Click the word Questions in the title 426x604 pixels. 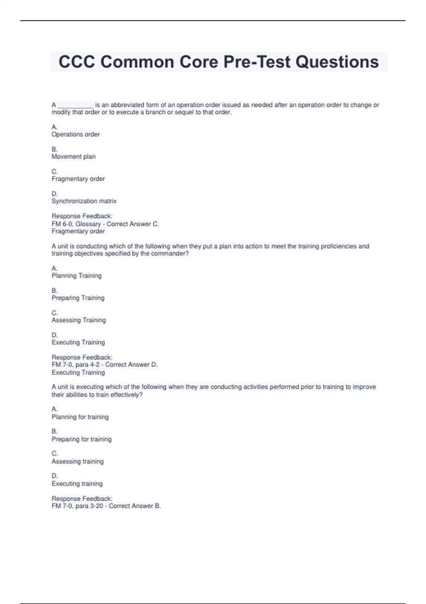[x=337, y=62]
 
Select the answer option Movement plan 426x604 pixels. [x=73, y=157]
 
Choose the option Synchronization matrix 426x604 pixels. [x=84, y=201]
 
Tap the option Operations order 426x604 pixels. [x=76, y=134]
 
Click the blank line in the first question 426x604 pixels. [x=75, y=106]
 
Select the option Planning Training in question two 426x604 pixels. [x=76, y=276]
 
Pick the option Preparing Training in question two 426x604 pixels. [x=78, y=298]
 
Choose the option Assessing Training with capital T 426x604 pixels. [x=78, y=320]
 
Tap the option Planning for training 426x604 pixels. [x=80, y=417]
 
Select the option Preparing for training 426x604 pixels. [x=81, y=439]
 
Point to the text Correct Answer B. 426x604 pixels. [x=135, y=506]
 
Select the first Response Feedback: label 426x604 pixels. [x=82, y=216]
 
